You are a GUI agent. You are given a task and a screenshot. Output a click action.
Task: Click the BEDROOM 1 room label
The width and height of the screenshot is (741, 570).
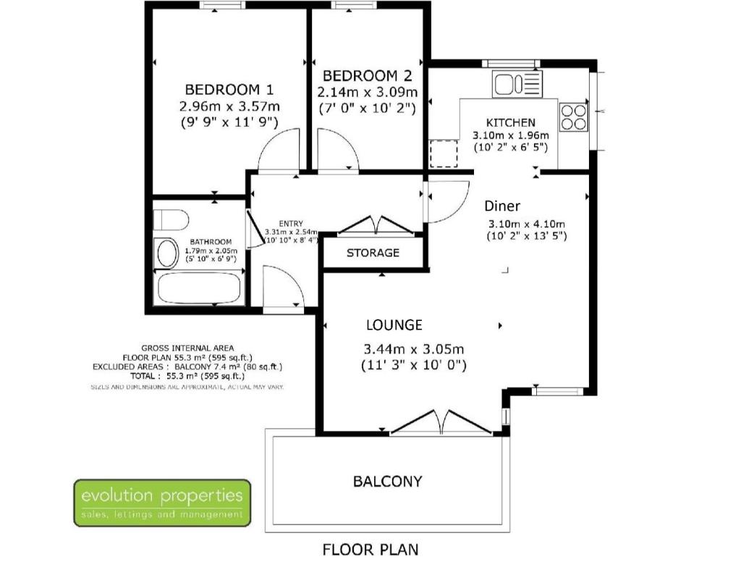pos(229,89)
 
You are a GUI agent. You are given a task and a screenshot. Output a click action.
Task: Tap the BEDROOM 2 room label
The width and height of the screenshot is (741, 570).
pos(367,75)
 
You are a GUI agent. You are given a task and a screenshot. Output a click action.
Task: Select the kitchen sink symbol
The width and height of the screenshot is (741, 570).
pos(517,84)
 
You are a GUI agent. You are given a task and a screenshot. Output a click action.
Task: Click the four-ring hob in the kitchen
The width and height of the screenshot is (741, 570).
pos(574,117)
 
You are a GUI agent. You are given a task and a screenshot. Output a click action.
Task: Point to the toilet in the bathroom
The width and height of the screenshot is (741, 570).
pos(171,219)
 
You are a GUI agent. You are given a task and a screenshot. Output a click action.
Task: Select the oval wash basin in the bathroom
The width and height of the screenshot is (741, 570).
pos(167,253)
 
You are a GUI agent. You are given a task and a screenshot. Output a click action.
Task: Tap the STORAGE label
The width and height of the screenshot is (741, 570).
pos(373,253)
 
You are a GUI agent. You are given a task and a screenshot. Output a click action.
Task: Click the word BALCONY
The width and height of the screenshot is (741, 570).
pos(388,482)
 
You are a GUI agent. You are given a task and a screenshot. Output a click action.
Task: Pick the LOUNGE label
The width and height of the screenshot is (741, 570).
pos(394,325)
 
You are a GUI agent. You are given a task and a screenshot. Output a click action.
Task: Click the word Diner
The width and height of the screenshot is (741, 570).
pos(502,206)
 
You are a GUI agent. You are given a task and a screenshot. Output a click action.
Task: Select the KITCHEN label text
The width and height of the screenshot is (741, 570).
pos(511,123)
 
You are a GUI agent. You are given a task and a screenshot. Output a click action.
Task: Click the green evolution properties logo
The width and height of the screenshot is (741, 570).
pos(162,503)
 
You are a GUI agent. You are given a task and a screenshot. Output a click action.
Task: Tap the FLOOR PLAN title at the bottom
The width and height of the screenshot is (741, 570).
pos(370,550)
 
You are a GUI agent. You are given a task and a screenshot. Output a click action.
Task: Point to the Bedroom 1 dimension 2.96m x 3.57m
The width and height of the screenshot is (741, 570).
pos(229,106)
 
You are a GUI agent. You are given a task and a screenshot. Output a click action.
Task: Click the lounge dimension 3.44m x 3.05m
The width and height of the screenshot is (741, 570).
pos(413,350)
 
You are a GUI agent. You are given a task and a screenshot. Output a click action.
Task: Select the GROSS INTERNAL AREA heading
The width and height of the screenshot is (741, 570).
pos(187,348)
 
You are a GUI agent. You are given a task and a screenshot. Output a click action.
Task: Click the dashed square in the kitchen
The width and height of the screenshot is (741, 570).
pos(444,154)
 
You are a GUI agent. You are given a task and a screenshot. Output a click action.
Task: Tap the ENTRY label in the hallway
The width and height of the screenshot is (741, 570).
pos(291,224)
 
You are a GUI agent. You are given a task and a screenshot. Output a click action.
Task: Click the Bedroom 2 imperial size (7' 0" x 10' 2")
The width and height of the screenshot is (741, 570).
pos(367,109)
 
